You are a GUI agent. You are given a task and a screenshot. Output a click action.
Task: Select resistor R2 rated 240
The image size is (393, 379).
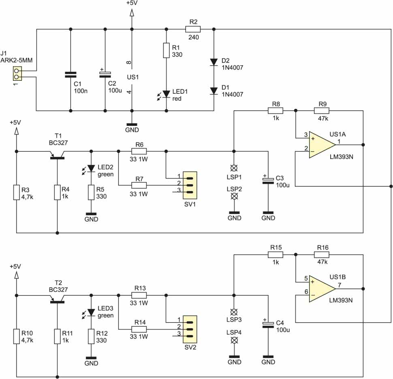[193, 29]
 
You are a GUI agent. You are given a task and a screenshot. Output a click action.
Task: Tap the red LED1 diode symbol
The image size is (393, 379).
[166, 94]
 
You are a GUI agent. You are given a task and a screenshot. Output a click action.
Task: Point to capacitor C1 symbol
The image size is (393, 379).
[70, 75]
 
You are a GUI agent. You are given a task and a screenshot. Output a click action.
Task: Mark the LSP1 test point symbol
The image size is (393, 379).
[233, 167]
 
